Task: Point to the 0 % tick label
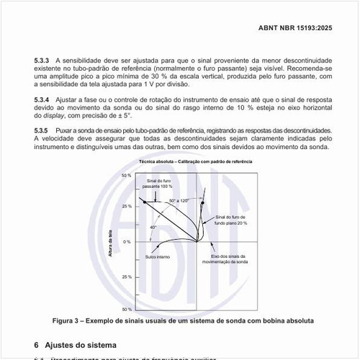point(127,242)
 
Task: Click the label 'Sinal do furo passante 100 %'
point(157,183)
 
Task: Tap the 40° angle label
point(153,227)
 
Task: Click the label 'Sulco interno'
point(157,256)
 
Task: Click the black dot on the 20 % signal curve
point(203,204)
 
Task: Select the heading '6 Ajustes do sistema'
point(70,345)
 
